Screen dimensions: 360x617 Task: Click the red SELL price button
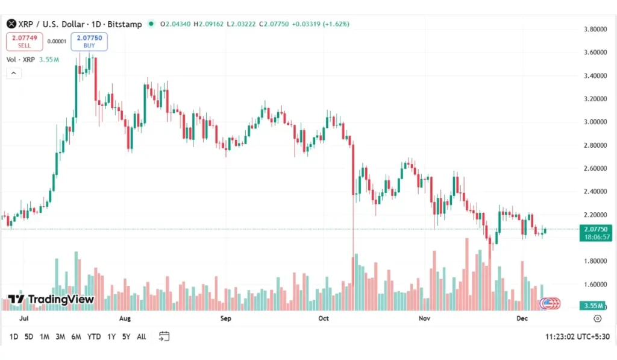(x=24, y=41)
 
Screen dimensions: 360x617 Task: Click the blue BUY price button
(x=89, y=41)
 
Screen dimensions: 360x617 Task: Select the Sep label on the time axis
(x=225, y=318)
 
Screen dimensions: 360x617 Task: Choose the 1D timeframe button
(x=14, y=336)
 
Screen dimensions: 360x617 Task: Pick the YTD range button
(x=94, y=336)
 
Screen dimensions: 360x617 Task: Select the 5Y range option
(x=126, y=336)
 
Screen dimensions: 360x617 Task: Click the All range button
(x=141, y=336)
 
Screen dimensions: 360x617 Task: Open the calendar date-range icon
(x=164, y=336)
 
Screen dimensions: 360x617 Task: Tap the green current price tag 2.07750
(x=595, y=229)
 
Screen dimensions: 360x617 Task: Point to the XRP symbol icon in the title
(x=10, y=24)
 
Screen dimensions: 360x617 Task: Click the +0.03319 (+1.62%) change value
(x=320, y=24)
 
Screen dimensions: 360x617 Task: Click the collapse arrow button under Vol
(x=14, y=73)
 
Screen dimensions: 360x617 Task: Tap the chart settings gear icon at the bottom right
(x=597, y=318)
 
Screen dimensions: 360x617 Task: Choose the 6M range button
(x=76, y=336)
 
